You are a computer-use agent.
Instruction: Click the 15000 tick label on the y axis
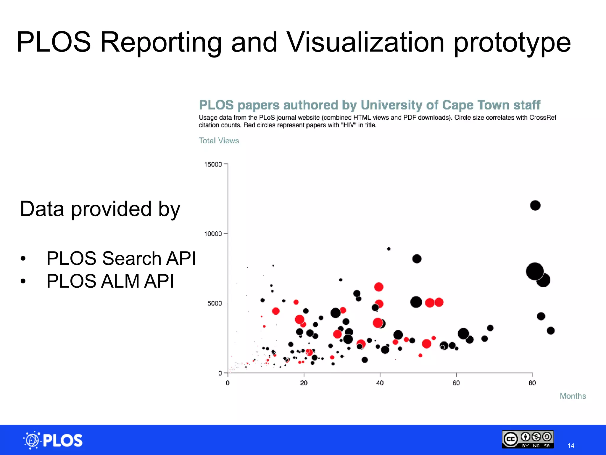coord(213,164)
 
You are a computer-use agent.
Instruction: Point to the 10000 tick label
coord(213,234)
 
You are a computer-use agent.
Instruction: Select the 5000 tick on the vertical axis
coord(215,303)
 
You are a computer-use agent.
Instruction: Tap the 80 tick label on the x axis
coord(532,383)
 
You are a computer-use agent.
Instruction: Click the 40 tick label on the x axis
coord(380,383)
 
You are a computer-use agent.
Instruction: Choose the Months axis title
coord(573,396)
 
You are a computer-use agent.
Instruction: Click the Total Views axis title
coord(219,141)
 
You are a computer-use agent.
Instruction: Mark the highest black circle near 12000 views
coord(535,205)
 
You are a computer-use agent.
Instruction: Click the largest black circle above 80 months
coord(535,271)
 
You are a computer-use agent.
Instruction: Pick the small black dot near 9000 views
coord(389,249)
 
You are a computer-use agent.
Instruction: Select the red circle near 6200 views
coord(379,287)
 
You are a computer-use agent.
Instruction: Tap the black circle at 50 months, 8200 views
coord(417,259)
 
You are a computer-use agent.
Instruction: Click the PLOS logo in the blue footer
coord(53,440)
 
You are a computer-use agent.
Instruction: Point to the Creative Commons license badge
coord(528,439)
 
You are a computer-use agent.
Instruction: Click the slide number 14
coord(571,446)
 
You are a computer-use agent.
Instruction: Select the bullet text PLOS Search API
coord(121,258)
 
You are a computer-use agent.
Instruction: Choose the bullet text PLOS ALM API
coord(110,281)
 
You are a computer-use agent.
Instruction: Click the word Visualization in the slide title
coord(365,42)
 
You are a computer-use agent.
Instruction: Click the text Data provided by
coord(100,209)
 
